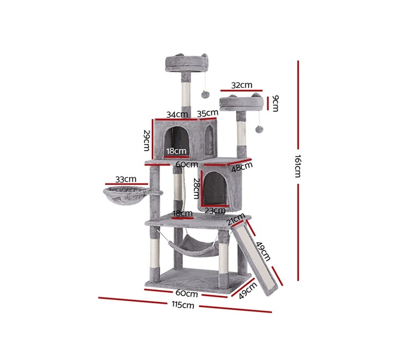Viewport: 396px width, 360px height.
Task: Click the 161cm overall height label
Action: tap(298, 166)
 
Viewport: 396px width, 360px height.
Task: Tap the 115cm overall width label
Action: tap(183, 305)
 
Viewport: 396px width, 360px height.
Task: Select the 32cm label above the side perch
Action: tap(242, 85)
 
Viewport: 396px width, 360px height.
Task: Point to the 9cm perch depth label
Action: tap(275, 103)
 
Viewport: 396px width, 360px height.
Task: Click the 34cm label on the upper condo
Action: tap(177, 115)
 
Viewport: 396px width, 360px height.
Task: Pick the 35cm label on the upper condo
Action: tap(208, 113)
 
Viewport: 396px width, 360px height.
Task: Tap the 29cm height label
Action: tap(147, 141)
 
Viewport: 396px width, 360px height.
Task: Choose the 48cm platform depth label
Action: tap(242, 167)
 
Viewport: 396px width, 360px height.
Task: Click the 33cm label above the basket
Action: tap(126, 179)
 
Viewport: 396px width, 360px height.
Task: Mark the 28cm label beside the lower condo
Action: tap(197, 188)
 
